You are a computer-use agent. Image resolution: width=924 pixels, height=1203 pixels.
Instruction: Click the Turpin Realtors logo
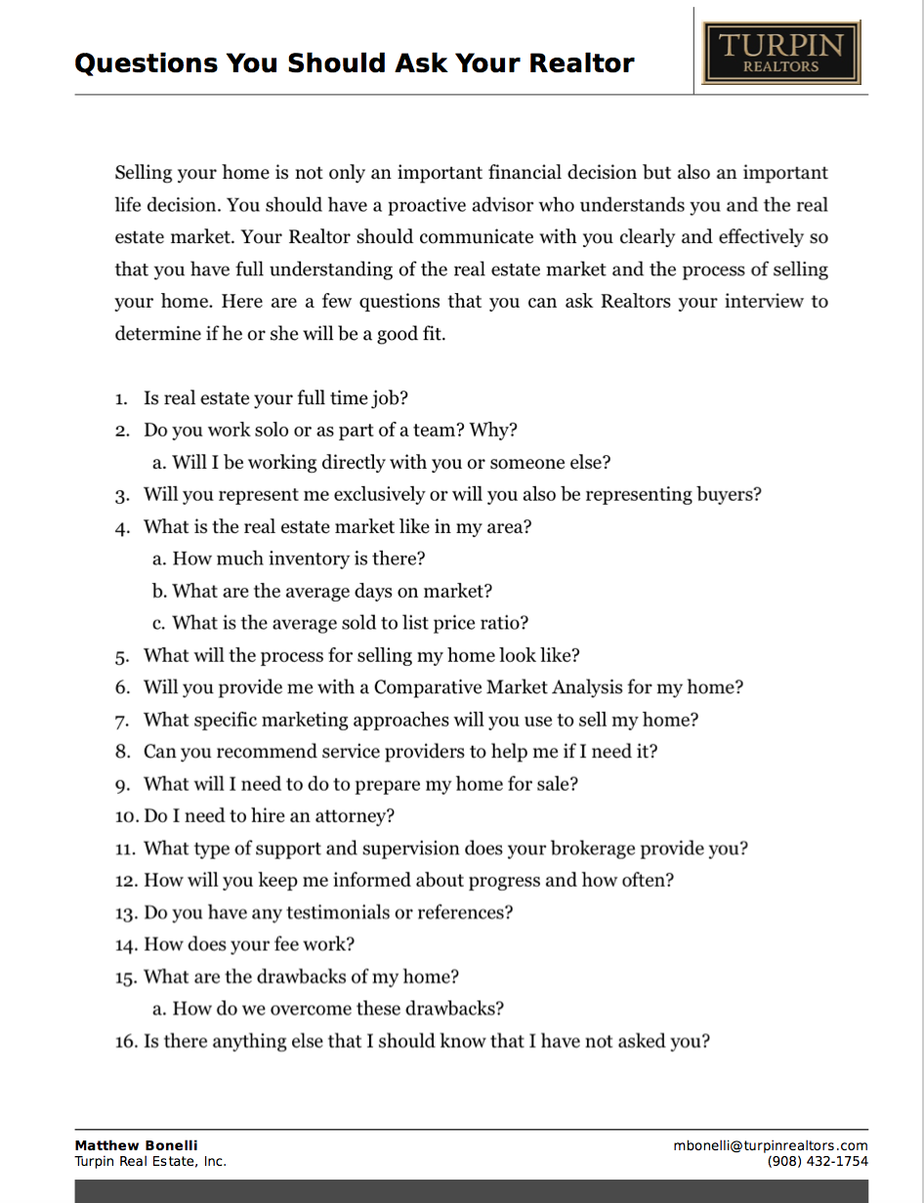coord(780,53)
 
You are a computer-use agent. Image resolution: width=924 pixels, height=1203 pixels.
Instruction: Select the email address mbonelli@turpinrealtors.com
coord(770,1145)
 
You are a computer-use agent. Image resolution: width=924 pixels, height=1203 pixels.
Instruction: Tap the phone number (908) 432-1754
coord(818,1161)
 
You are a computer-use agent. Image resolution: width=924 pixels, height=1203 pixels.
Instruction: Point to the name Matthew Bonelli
coord(136,1145)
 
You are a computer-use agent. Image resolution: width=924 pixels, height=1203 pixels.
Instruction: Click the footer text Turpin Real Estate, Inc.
coord(150,1161)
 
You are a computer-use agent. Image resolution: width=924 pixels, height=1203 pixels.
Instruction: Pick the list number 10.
coord(126,816)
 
